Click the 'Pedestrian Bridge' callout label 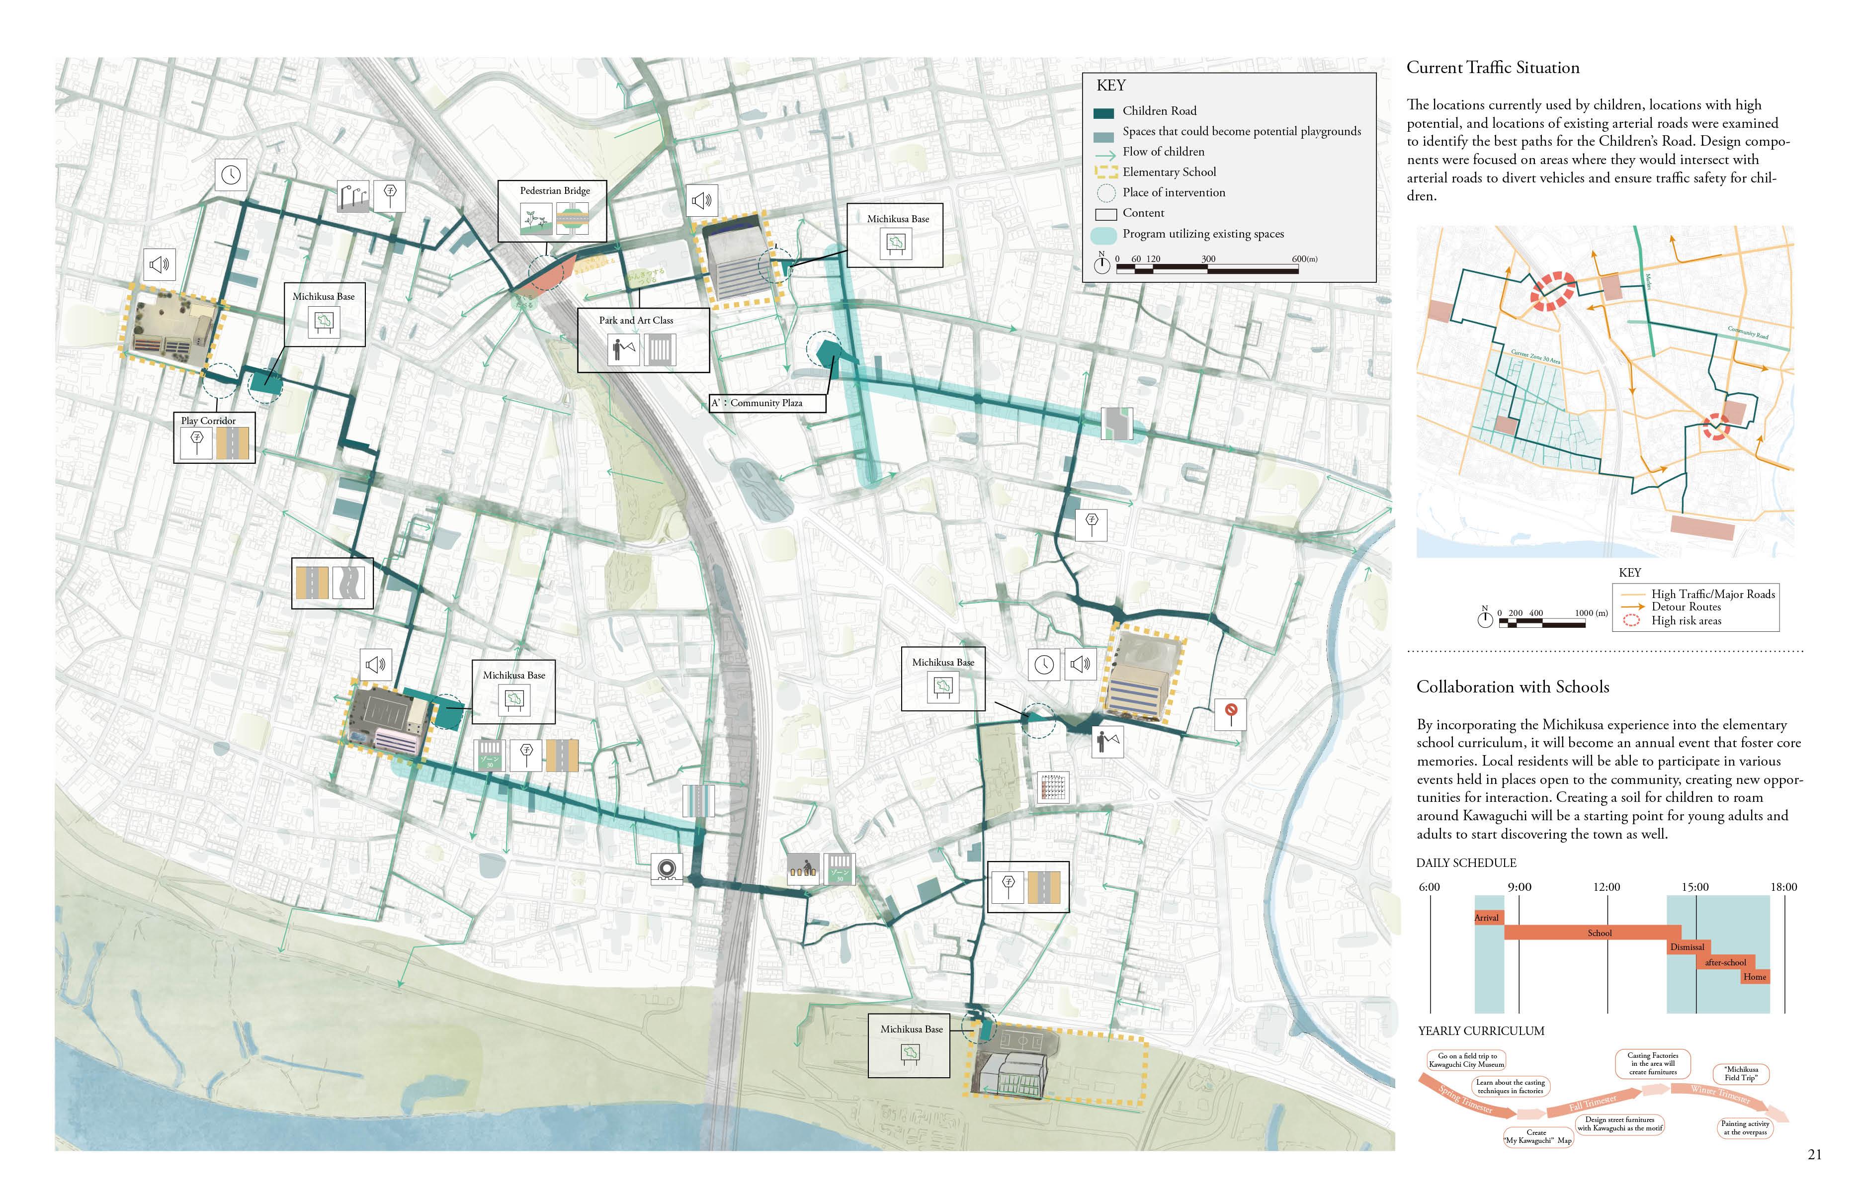tap(555, 190)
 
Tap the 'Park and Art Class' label tap(636, 320)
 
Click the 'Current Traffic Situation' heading tap(1493, 68)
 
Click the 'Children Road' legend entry tap(1159, 111)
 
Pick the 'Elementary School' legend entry tap(1169, 172)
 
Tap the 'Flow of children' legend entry tap(1163, 152)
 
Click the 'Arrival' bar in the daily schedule tap(1486, 918)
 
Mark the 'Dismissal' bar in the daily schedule tap(1687, 947)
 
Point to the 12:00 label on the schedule tap(1606, 887)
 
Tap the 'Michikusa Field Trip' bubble tap(1741, 1074)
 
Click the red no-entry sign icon tap(1231, 712)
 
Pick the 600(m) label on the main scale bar tap(1304, 259)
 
